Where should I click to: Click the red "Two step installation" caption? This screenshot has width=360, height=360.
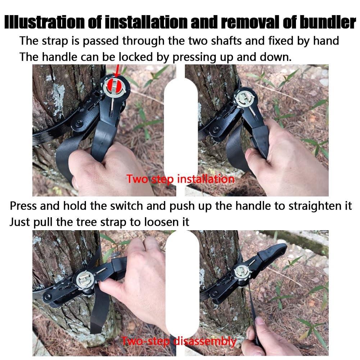(x=181, y=179)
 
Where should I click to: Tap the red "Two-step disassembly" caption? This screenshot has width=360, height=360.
(x=179, y=341)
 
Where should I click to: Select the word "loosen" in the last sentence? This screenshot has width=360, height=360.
(x=158, y=222)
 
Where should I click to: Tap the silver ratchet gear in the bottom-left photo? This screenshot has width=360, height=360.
(x=84, y=279)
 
